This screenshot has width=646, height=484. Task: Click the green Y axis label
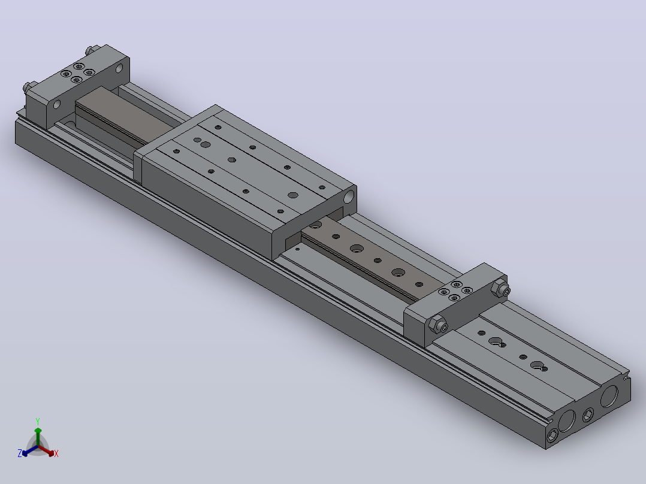[x=38, y=421]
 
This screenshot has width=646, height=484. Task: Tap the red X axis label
[x=56, y=453]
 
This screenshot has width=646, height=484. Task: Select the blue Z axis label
[x=20, y=453]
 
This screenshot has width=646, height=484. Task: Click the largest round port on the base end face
[x=609, y=396]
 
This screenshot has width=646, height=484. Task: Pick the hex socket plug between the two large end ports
[x=588, y=415]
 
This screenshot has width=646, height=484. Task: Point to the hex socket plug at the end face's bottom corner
[x=552, y=435]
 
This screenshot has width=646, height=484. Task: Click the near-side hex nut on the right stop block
[x=437, y=325]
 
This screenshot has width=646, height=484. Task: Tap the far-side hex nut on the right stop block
[x=500, y=289]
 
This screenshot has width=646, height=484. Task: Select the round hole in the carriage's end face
[x=349, y=197]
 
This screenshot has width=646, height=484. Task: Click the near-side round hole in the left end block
[x=57, y=105]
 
